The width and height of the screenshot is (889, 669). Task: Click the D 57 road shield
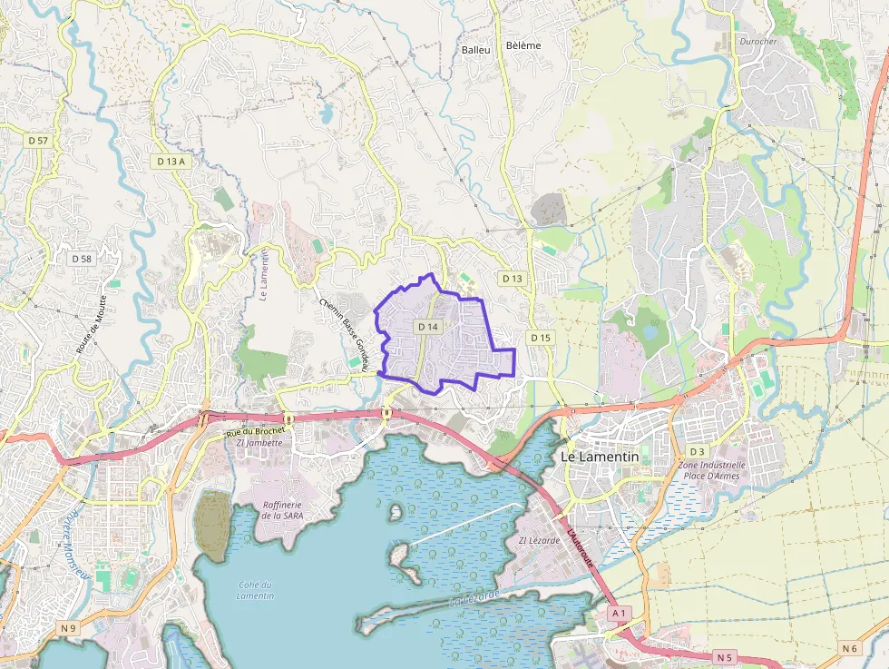point(38,141)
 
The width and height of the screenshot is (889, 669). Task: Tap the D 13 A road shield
point(171,161)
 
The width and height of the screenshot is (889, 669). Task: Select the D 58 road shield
point(82,259)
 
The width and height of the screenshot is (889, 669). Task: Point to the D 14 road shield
point(428,326)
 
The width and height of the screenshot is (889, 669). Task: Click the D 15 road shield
point(541,338)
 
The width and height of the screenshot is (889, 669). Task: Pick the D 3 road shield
point(697,451)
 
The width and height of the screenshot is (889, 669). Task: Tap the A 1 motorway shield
point(620,614)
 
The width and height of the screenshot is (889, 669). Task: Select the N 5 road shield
point(724,656)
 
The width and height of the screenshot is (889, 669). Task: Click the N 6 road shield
point(849,648)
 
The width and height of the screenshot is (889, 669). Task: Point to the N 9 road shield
point(70,628)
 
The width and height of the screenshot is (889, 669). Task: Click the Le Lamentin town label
point(600,457)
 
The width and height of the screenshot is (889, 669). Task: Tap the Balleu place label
point(475,50)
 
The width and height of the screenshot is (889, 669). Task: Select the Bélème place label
point(523,46)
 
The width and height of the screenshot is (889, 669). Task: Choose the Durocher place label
point(757,42)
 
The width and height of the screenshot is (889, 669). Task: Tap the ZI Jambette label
point(259,443)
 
